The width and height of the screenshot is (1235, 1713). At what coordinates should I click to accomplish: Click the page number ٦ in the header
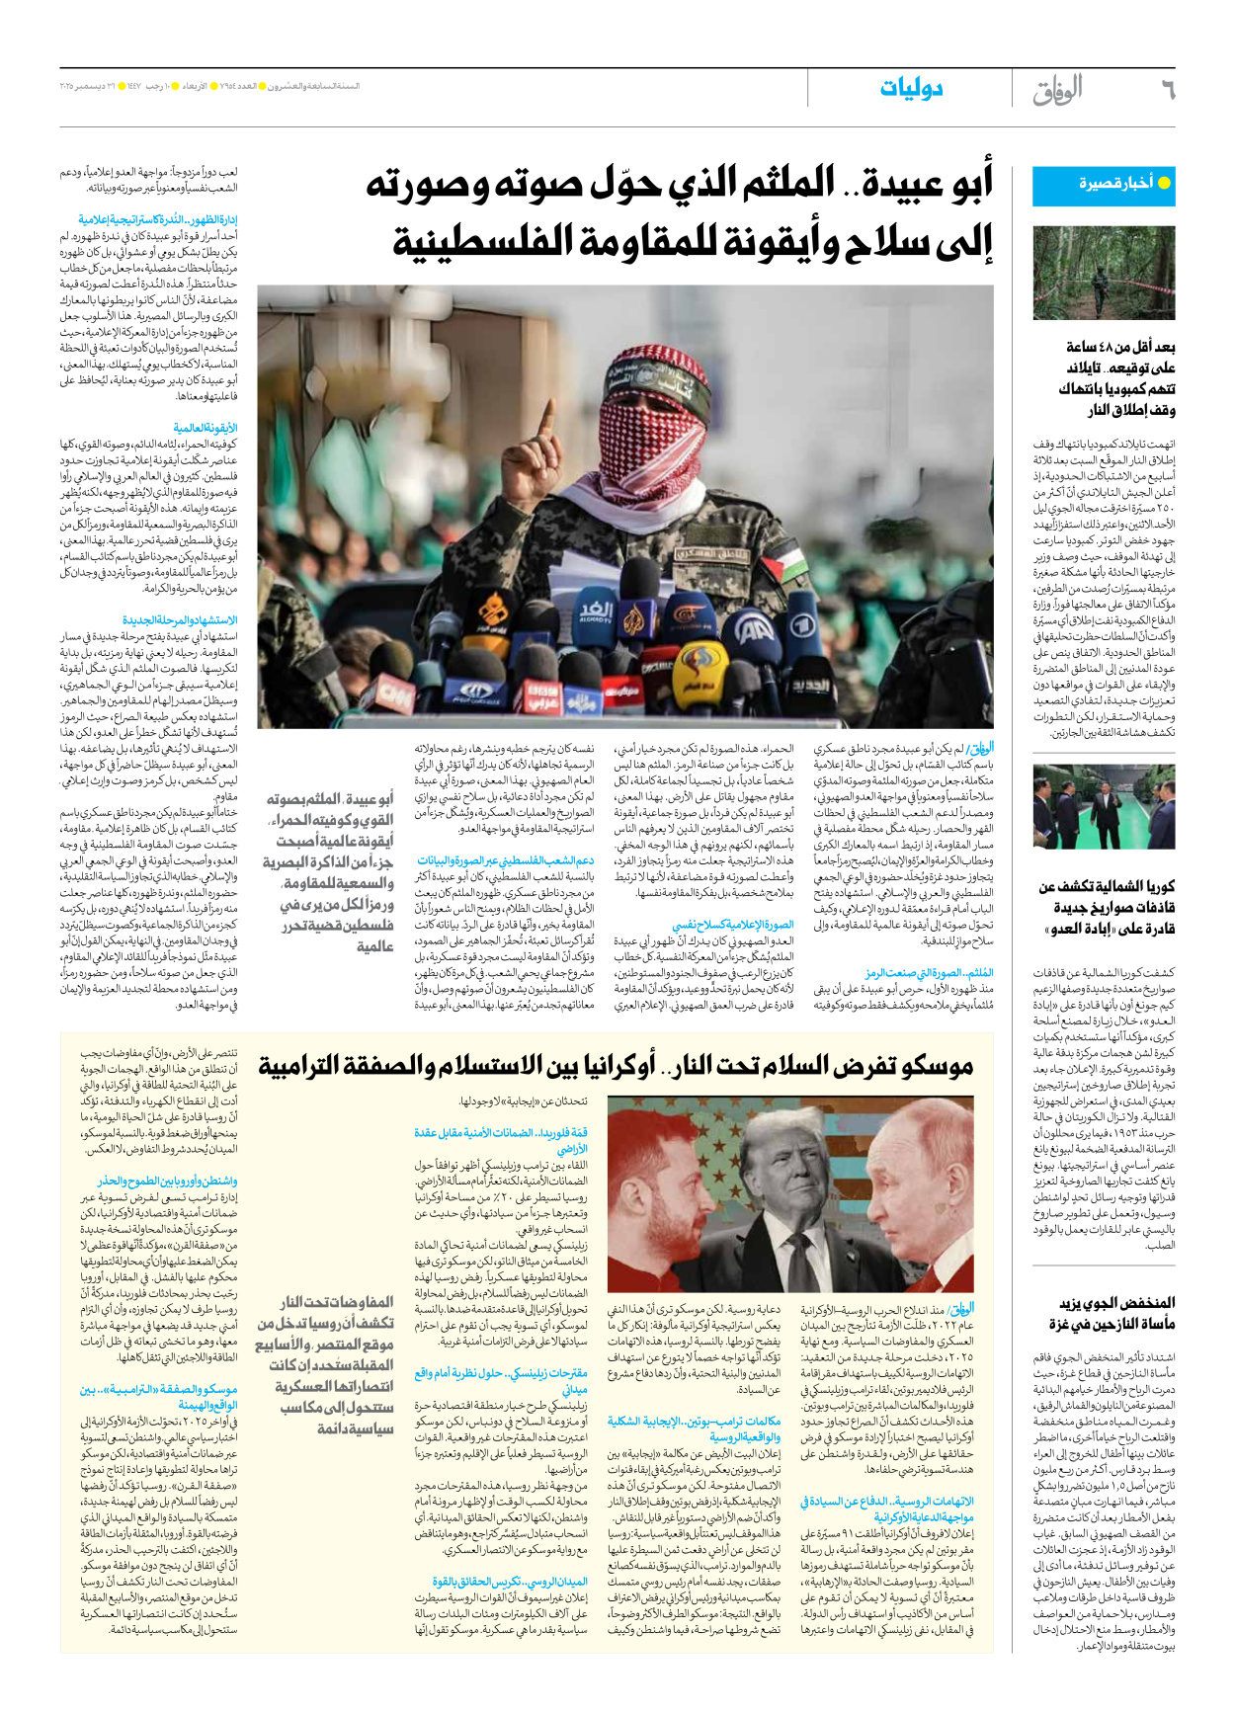click(x=1167, y=90)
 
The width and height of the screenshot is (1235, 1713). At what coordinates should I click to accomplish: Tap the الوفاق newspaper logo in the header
click(x=1056, y=90)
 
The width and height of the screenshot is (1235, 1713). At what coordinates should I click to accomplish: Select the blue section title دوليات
click(x=911, y=88)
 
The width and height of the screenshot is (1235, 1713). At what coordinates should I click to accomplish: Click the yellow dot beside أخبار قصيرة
click(x=1164, y=183)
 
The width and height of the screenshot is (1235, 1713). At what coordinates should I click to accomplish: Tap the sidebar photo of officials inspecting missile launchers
click(x=1103, y=807)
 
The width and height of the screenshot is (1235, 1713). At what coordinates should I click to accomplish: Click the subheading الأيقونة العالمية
click(x=205, y=429)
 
